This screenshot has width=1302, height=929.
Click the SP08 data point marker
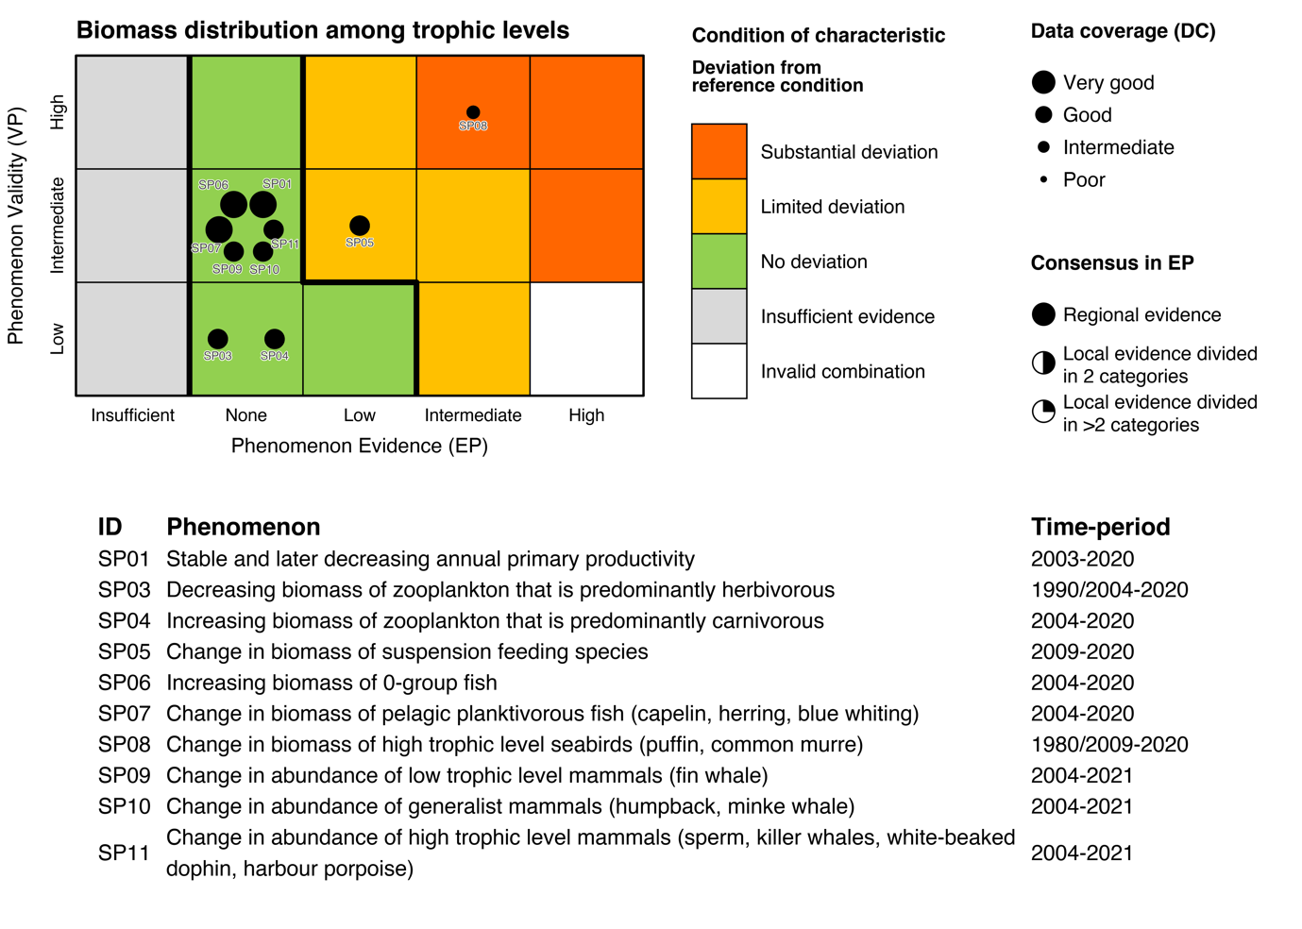coord(473,112)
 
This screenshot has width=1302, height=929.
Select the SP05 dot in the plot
coord(360,226)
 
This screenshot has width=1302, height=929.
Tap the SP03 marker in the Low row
coord(217,339)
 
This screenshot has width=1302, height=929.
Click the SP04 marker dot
coord(275,339)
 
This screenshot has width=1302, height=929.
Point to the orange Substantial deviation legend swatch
coord(719,151)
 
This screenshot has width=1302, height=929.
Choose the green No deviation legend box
coord(719,262)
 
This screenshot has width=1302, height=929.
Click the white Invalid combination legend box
coord(719,371)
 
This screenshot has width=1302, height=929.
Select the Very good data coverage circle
coord(1043,82)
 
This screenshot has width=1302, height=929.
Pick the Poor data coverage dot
coord(1043,179)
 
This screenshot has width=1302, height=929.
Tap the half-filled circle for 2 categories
coord(1043,363)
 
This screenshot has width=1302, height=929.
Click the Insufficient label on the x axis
coord(132,415)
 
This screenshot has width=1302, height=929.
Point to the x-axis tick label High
coord(586,415)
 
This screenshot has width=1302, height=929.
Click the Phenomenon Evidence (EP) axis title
coord(360,446)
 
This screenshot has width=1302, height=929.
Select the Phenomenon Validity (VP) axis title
coord(15,226)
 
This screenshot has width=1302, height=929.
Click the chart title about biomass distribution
coord(323,30)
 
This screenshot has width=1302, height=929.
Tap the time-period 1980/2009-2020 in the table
coord(1109,745)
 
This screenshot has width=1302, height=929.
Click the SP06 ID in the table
coord(124,683)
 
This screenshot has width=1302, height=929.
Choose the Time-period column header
coord(1100,527)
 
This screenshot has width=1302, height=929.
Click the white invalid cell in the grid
coord(586,339)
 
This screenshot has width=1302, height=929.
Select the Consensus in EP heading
coord(1112,263)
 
